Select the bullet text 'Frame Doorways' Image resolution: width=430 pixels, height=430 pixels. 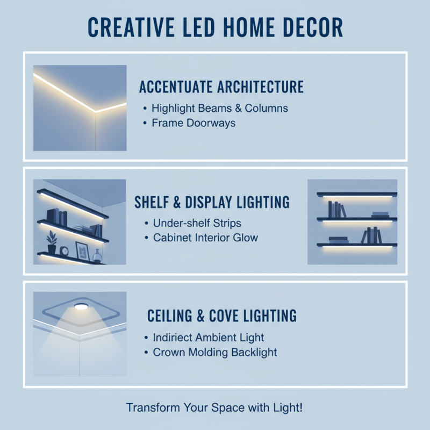click(x=193, y=123)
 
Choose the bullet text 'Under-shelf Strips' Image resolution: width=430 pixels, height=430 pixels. click(x=197, y=223)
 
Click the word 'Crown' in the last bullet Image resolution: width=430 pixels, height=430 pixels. click(x=168, y=353)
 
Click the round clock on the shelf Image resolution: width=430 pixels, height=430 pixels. click(x=64, y=250)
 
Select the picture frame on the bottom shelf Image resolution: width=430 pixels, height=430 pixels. click(x=82, y=250)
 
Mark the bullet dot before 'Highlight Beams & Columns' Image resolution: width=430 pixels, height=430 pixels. click(x=145, y=108)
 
